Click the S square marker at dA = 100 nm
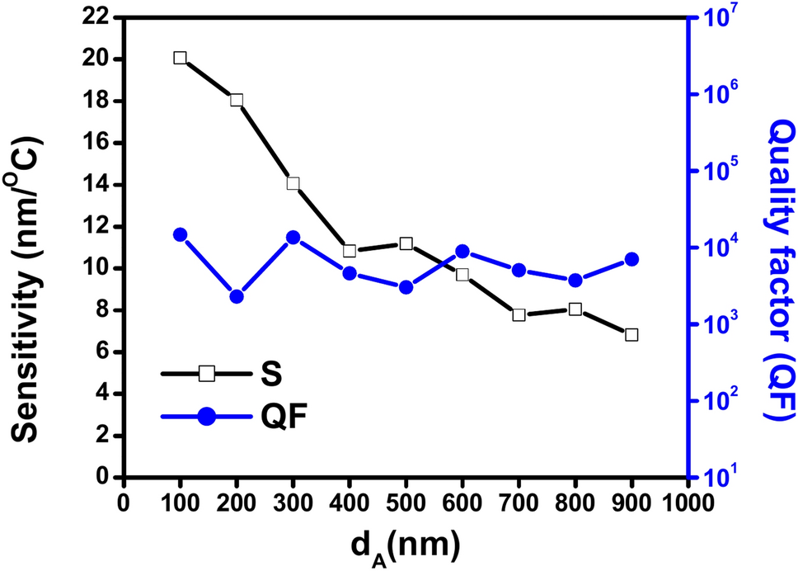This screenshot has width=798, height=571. pos(180,58)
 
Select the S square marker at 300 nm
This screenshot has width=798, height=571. pos(293,183)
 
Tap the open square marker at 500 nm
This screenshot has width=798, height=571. pos(406,243)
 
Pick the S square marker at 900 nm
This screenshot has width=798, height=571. pos(631,334)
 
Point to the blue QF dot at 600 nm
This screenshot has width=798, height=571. pos(462,252)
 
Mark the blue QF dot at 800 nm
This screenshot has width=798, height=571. pos(575,281)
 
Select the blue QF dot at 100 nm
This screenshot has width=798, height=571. pos(180,234)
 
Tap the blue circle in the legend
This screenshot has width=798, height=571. pos(207,418)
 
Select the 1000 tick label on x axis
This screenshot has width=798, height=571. pos(687,501)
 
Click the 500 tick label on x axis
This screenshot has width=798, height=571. pos(406,501)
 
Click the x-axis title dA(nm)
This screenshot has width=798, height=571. pos(405,545)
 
